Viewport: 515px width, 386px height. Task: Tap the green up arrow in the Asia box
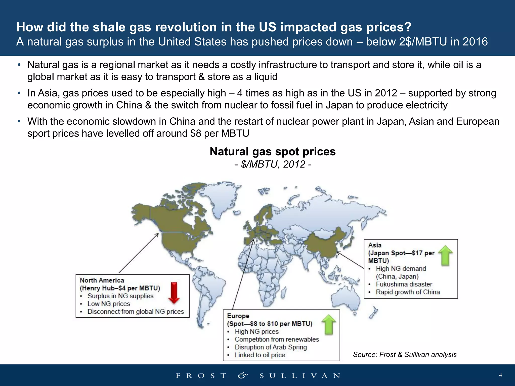(445, 255)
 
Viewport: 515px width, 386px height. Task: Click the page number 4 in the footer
(500, 375)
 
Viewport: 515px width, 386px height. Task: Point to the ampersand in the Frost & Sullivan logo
(243, 375)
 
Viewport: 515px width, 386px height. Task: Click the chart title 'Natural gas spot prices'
(273, 152)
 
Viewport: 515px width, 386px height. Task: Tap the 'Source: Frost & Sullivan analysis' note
(405, 354)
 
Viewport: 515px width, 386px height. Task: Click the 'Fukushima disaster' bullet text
(404, 284)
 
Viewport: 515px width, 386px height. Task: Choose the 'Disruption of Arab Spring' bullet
(271, 347)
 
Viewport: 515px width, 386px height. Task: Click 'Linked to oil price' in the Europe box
(260, 355)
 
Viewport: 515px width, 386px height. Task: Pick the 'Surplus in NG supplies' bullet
(120, 296)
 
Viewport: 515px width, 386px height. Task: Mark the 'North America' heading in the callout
(102, 280)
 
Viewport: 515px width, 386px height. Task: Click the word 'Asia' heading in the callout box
(375, 245)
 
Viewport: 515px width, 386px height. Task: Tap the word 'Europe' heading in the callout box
(238, 316)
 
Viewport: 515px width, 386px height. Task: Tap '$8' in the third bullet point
(196, 133)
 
